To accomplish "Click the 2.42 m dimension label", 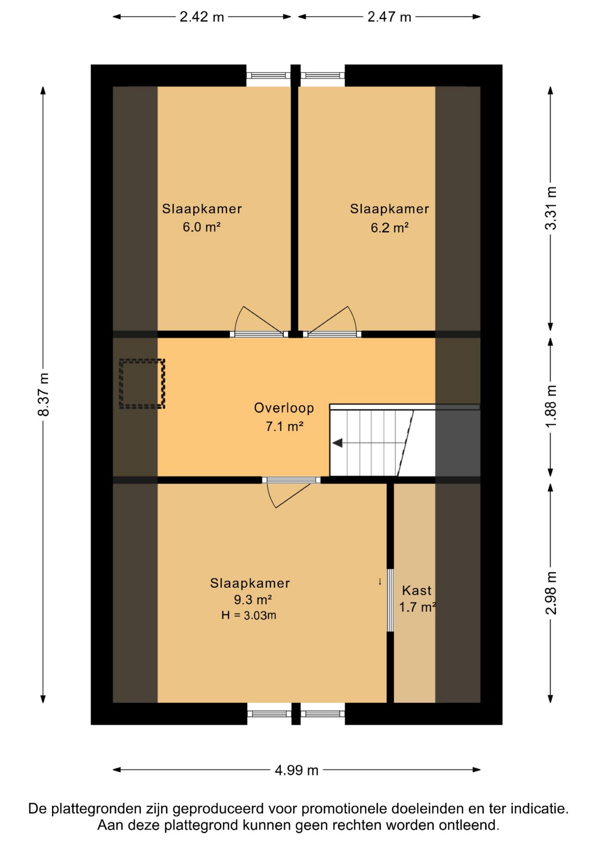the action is click(202, 17).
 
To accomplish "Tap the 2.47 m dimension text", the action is click(389, 17).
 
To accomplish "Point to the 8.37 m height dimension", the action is click(44, 394).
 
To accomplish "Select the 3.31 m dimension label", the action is click(550, 208).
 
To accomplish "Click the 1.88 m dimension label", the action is click(550, 406).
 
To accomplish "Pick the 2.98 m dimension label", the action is click(550, 593).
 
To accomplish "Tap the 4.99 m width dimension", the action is click(296, 770).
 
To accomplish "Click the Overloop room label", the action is click(284, 408).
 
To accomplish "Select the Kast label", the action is click(417, 590).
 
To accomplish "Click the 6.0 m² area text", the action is click(202, 227).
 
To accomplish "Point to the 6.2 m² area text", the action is click(390, 228).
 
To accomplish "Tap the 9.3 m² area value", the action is click(253, 600).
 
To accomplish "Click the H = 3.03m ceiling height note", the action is click(249, 615).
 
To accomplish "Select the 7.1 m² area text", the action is click(284, 426).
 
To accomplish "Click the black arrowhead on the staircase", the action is click(337, 443).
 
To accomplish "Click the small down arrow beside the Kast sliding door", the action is click(380, 582).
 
